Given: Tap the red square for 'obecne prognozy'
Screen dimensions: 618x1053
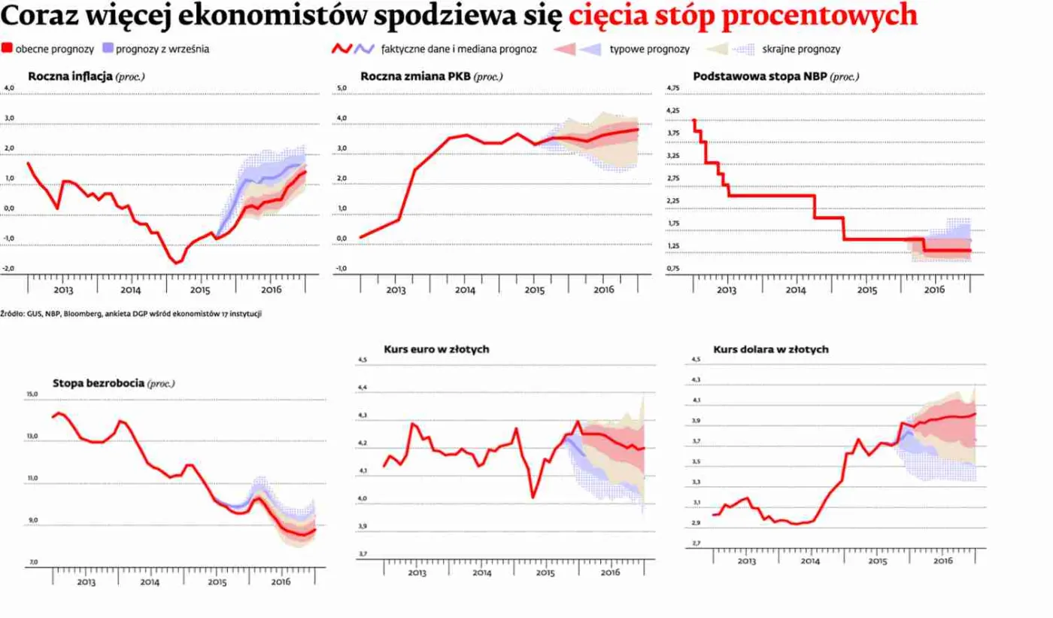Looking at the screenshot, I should [x=8, y=49].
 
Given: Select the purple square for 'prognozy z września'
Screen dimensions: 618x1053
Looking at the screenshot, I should [x=108, y=49].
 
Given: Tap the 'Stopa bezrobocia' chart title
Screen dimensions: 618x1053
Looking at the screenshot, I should [x=99, y=383].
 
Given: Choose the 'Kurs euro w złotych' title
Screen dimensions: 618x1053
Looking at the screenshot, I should [x=437, y=349].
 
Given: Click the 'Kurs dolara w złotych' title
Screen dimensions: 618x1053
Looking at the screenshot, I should [x=771, y=349].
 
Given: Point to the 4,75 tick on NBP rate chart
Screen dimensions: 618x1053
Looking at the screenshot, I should [x=673, y=89].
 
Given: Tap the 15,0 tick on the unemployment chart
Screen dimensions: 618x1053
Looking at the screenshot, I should [x=31, y=394].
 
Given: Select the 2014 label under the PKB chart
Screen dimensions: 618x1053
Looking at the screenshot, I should [x=464, y=290].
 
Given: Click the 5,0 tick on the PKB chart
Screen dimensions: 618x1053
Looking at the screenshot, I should [x=341, y=89].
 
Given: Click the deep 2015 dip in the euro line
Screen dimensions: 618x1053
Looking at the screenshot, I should [x=533, y=497].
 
